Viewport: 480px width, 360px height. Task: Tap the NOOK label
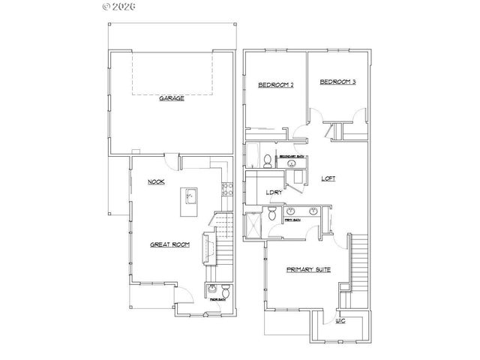click(156, 181)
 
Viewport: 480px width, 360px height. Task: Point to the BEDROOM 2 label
click(275, 85)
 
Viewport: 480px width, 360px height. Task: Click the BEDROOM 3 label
click(337, 82)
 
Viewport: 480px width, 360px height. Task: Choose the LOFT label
click(328, 179)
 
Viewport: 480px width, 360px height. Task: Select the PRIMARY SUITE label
click(308, 268)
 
